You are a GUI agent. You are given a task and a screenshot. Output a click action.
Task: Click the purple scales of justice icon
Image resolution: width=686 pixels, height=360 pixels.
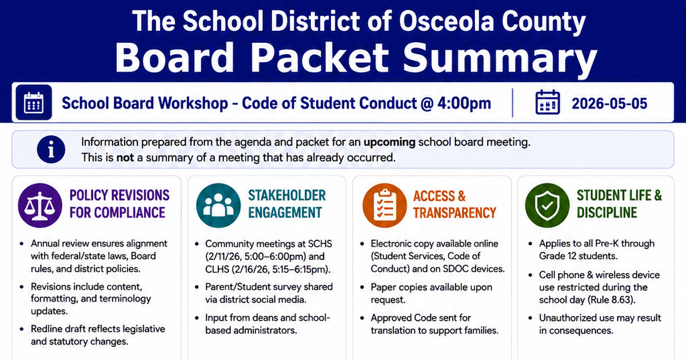(40, 205)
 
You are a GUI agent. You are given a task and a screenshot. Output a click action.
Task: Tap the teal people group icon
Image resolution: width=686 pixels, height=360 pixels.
(218, 205)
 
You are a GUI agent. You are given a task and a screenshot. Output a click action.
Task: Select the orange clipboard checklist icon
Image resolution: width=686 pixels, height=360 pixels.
(385, 205)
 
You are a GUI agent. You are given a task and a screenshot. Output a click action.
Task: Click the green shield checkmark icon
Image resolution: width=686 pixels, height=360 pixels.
(547, 205)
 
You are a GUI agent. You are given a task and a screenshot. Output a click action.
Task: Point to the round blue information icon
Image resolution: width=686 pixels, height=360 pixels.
(51, 149)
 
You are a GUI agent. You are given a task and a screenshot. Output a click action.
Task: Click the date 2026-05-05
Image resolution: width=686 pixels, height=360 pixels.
(609, 103)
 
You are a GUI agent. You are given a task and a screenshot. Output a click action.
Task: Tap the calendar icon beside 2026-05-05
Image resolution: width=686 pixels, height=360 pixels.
(548, 102)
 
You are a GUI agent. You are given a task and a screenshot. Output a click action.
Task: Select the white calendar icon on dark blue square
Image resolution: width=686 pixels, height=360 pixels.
(34, 102)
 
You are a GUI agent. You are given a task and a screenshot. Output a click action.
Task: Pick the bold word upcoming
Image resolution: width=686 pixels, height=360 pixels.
(389, 142)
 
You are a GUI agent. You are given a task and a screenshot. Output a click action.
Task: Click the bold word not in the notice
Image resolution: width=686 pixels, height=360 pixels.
(125, 158)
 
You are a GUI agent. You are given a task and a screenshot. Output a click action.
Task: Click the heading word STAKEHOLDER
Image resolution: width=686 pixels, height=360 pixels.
(286, 195)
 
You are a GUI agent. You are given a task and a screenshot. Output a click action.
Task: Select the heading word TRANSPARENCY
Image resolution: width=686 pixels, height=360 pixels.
(454, 213)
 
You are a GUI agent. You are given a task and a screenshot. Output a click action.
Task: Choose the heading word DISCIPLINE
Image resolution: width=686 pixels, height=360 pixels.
(607, 213)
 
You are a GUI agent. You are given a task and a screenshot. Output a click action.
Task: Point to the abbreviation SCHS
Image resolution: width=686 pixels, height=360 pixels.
(320, 243)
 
